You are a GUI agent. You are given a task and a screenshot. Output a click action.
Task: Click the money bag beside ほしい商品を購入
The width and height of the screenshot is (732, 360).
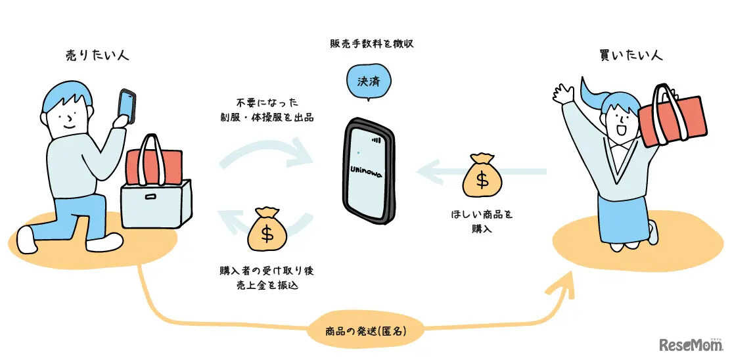pyautogui.click(x=485, y=175)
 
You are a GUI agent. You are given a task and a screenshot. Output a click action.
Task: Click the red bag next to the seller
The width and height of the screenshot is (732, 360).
pyautogui.click(x=154, y=165)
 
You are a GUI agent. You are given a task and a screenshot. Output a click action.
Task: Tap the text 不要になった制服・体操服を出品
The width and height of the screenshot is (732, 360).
pyautogui.click(x=267, y=110)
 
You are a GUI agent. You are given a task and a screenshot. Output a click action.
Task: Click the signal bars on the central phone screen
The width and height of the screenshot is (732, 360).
pyautogui.click(x=377, y=140)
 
